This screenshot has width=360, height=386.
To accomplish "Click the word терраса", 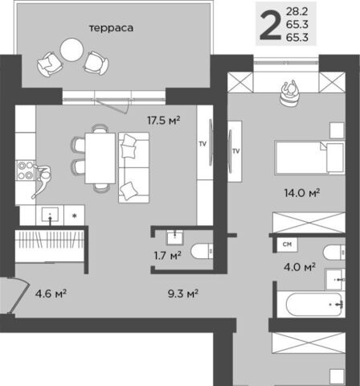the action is pos(111,28).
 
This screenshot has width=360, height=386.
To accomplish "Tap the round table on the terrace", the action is pos(72,50).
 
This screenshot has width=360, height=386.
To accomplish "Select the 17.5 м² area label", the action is pos(163,121).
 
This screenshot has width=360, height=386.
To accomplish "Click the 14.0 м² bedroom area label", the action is pos(302,193).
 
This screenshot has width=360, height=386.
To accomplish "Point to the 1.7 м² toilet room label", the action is pos(168,256).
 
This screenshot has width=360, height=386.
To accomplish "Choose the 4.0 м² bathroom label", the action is pos(300,267).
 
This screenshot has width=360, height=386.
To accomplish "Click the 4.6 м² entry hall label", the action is pos(51,294).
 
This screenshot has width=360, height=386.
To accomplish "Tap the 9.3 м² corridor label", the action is pos(183,294).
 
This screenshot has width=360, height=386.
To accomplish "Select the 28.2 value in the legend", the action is pos(297,11).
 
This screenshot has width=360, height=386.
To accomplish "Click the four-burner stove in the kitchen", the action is pos(26,170).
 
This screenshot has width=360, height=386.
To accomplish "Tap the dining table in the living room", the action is pos(100,158).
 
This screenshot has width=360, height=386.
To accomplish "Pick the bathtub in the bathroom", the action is pos(314,304).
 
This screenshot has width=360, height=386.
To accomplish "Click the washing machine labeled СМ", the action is pos(287,244).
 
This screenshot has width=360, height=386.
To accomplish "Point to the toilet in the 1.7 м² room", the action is pos(202,251).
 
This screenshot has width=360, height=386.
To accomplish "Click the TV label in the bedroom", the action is pos(235,151).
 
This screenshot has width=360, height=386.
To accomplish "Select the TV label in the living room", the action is pos(202,144).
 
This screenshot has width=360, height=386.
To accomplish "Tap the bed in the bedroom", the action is pos(309,158).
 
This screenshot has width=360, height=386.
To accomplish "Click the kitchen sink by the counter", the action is pos(50,215).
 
